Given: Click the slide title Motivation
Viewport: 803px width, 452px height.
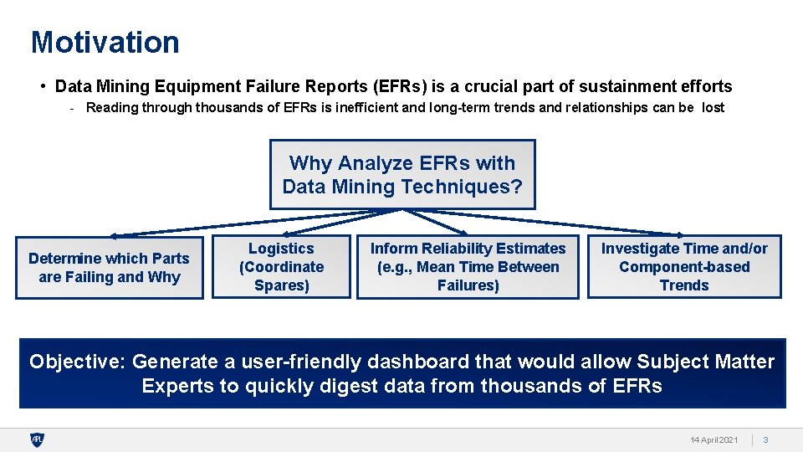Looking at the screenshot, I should point(105,42).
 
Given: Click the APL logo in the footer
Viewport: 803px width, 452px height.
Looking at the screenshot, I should point(37,439).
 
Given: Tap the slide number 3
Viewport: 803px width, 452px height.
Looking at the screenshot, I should point(765,440).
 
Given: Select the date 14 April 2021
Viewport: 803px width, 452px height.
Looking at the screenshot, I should point(713,440).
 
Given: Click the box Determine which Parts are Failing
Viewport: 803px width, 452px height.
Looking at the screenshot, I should point(110,268).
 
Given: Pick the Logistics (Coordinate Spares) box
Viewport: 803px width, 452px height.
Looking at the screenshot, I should point(281,267).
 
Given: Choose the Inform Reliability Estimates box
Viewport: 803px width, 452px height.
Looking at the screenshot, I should point(468,267).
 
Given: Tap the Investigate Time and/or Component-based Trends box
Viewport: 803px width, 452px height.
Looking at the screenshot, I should point(684,267).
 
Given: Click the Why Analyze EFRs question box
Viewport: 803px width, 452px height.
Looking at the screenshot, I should point(402,174).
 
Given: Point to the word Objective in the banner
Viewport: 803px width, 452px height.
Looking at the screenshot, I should point(75,362).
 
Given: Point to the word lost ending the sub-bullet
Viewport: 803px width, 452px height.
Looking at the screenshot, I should point(713,107).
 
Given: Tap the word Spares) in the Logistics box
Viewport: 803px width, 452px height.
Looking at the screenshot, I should point(281,285).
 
